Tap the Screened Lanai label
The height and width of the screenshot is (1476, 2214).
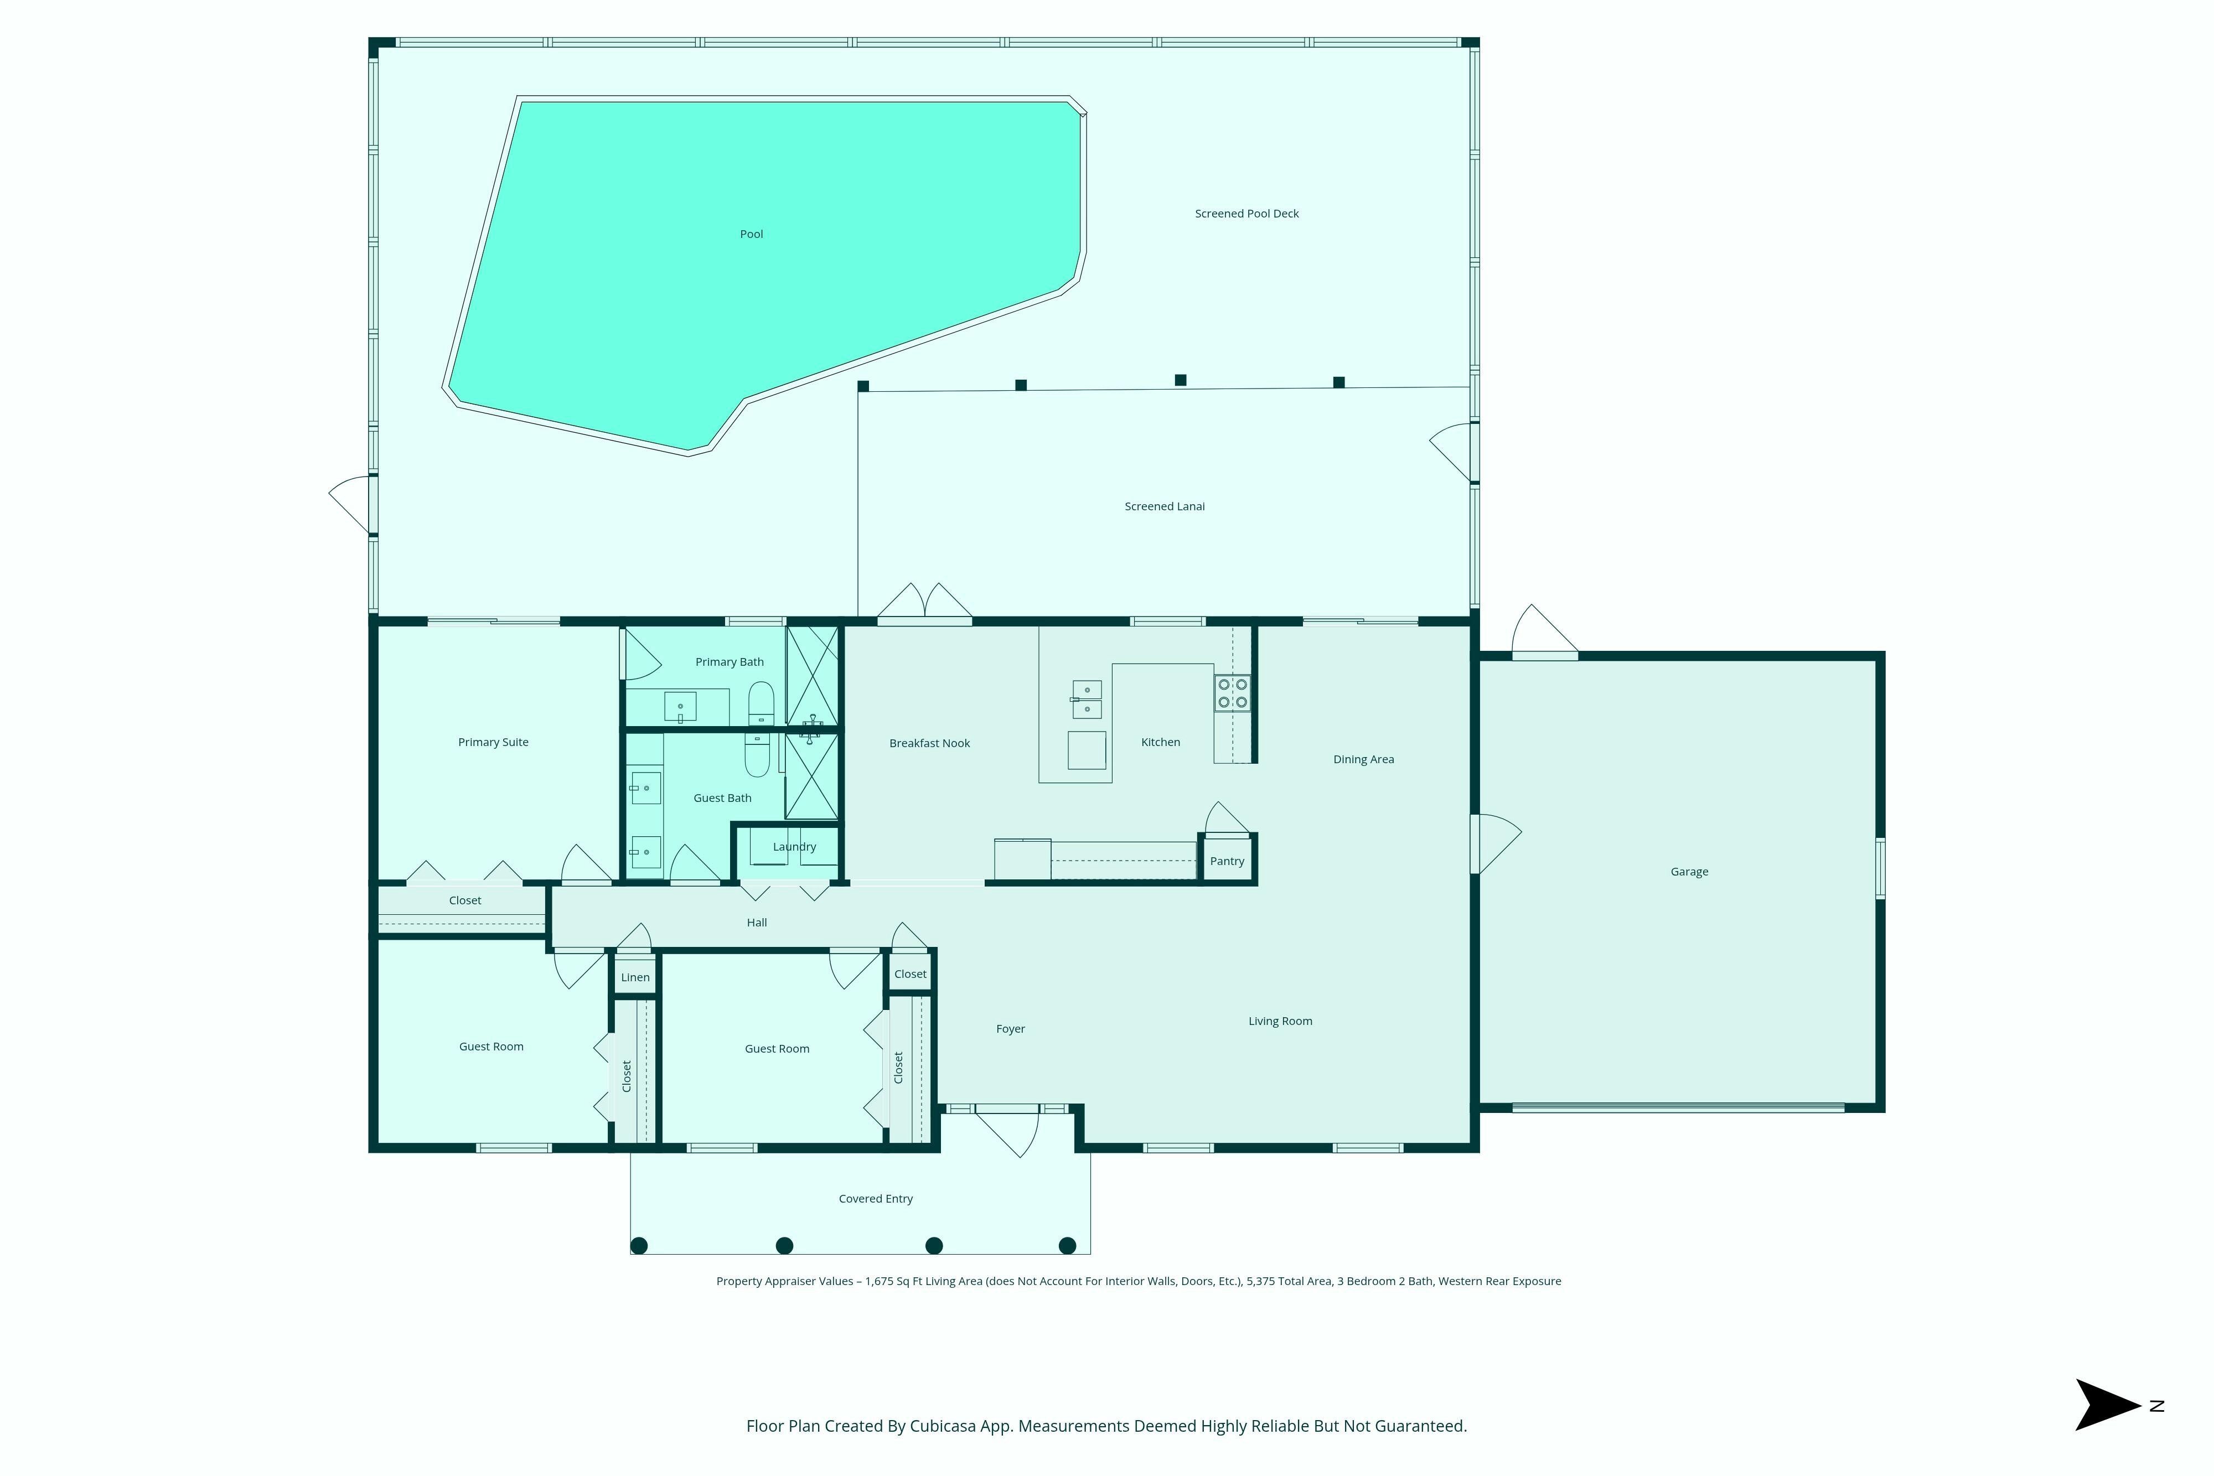[x=1165, y=506]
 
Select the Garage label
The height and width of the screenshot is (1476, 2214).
[x=1689, y=872]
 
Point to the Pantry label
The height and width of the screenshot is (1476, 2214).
[x=1227, y=861]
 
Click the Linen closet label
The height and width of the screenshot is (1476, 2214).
[x=635, y=977]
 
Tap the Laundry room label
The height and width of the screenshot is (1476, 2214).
[x=794, y=846]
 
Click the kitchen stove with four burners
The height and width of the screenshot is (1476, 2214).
[x=1232, y=693]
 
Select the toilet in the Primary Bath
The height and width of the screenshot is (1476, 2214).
[x=761, y=703]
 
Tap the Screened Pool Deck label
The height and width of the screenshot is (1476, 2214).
[x=1246, y=214]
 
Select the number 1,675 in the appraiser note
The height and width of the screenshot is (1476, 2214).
[x=879, y=1281]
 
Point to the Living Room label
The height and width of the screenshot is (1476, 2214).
[x=1280, y=1021]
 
